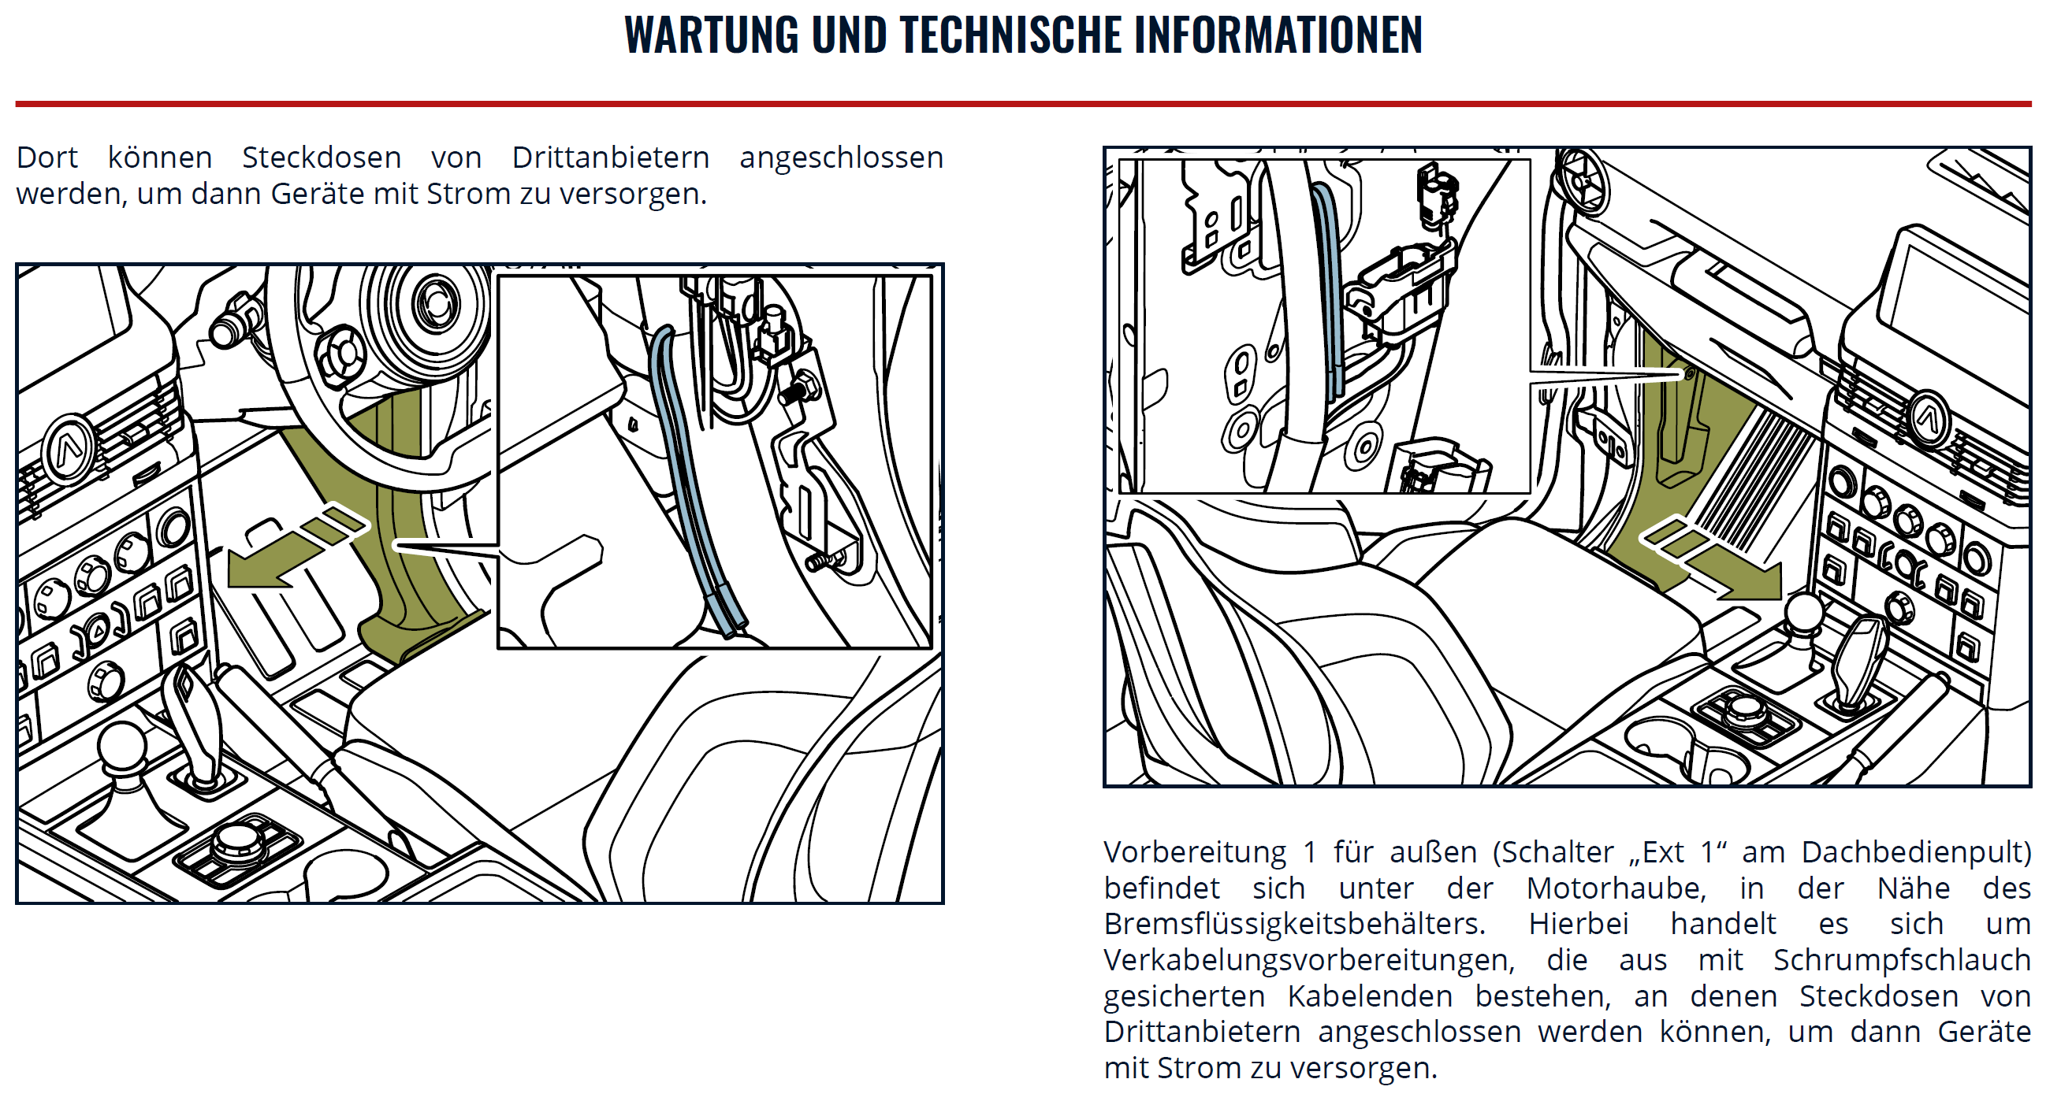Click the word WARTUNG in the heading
click(711, 35)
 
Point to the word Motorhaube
click(1616, 888)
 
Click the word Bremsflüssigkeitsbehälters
click(1294, 925)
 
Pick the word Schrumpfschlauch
click(1902, 959)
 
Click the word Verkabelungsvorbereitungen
click(1309, 959)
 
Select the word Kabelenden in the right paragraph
click(1370, 996)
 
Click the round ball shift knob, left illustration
click(121, 747)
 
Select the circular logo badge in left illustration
click(69, 450)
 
